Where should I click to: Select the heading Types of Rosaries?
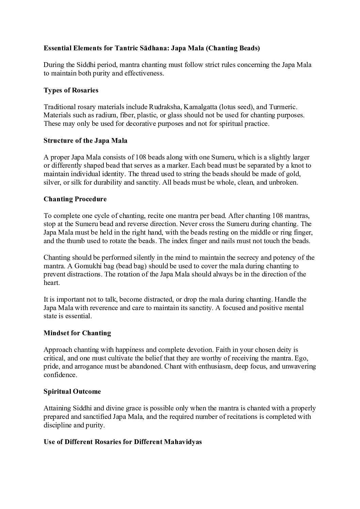click(71, 90)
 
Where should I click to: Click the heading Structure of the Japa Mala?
click(85, 140)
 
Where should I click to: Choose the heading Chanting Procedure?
click(75, 199)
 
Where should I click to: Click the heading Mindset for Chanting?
click(77, 333)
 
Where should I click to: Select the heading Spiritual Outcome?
click(72, 391)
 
